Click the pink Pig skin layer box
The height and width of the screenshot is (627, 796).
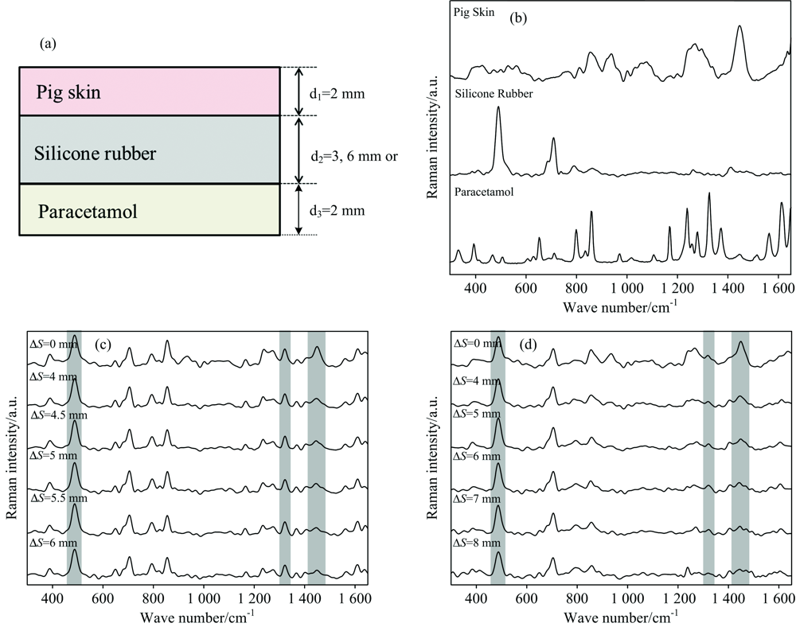point(149,92)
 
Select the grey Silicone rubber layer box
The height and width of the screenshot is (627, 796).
point(149,150)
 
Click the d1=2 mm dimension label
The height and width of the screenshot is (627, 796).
point(338,93)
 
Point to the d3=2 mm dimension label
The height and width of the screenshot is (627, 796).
point(338,211)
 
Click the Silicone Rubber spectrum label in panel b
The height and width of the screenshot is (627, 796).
point(494,94)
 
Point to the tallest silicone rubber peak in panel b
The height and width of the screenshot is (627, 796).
point(498,108)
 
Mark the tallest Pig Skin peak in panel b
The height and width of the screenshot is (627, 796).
point(739,27)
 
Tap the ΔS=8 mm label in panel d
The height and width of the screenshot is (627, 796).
point(478,543)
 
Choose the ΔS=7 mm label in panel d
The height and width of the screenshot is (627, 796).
point(478,498)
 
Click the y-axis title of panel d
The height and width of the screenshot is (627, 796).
point(434,460)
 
